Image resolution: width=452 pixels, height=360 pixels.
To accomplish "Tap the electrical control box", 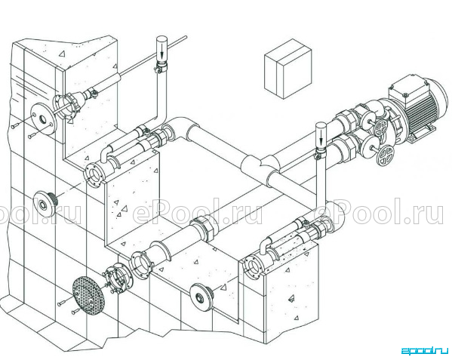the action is [x=288, y=69].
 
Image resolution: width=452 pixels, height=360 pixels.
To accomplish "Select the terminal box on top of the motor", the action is [x=409, y=90].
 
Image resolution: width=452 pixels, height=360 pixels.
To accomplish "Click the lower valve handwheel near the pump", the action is [x=386, y=156].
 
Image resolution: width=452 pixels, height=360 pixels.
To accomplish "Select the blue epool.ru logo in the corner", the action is [x=425, y=350].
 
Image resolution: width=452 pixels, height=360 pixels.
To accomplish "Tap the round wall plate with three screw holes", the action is [x=43, y=118].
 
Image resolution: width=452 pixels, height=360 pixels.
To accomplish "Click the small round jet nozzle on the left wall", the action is [x=44, y=205].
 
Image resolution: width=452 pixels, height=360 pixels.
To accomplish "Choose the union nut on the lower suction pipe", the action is [x=204, y=229].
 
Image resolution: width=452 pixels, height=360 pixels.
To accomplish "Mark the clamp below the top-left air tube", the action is [x=161, y=69].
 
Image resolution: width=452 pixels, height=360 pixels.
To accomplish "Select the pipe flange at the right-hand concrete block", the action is [x=254, y=266].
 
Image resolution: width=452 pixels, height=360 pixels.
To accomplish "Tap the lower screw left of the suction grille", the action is [x=75, y=311].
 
